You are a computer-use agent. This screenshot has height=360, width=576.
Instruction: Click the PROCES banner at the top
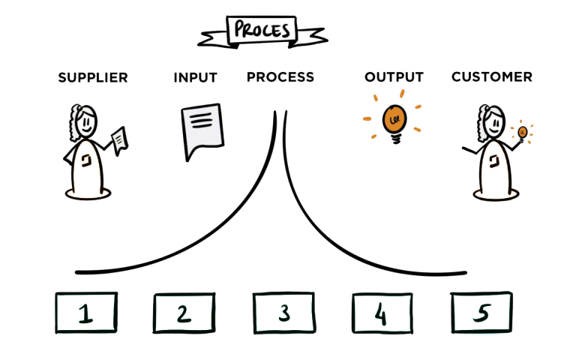(x=262, y=30)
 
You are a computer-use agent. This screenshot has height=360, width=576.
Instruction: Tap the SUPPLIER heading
(x=93, y=77)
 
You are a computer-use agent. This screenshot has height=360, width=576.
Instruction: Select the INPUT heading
(x=195, y=77)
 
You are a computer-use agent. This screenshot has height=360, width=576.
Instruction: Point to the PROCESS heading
(x=280, y=77)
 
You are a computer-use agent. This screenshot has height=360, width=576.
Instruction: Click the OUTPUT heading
(x=394, y=77)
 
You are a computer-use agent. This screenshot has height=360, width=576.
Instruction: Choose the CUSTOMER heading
(x=492, y=77)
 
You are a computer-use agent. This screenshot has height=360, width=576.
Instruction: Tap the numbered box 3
(x=283, y=313)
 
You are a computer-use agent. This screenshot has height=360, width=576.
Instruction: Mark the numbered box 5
(x=481, y=312)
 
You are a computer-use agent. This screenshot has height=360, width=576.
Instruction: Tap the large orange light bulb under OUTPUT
(x=392, y=119)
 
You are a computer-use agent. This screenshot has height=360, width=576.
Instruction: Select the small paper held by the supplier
(x=119, y=138)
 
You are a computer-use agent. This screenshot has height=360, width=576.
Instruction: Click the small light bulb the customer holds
(x=521, y=133)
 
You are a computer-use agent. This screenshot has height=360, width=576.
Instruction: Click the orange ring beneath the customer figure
(x=493, y=196)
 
